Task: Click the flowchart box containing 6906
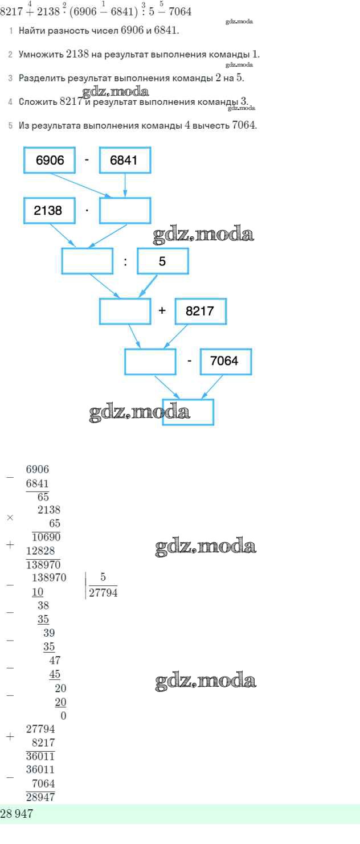[50, 161]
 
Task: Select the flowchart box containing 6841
[125, 161]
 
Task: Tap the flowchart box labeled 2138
[50, 211]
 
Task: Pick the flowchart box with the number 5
[162, 262]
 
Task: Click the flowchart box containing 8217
[200, 312]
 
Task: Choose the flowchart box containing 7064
[226, 361]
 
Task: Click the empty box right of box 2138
[125, 211]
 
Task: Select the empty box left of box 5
[87, 262]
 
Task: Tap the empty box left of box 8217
[125, 312]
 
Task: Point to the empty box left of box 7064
[150, 361]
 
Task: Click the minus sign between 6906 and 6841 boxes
[87, 160]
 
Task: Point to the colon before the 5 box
[125, 263]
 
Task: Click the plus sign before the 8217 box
[162, 312]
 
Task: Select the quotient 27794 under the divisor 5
[103, 593]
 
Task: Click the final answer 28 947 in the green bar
[17, 814]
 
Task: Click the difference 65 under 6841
[43, 496]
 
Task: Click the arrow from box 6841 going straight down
[125, 185]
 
